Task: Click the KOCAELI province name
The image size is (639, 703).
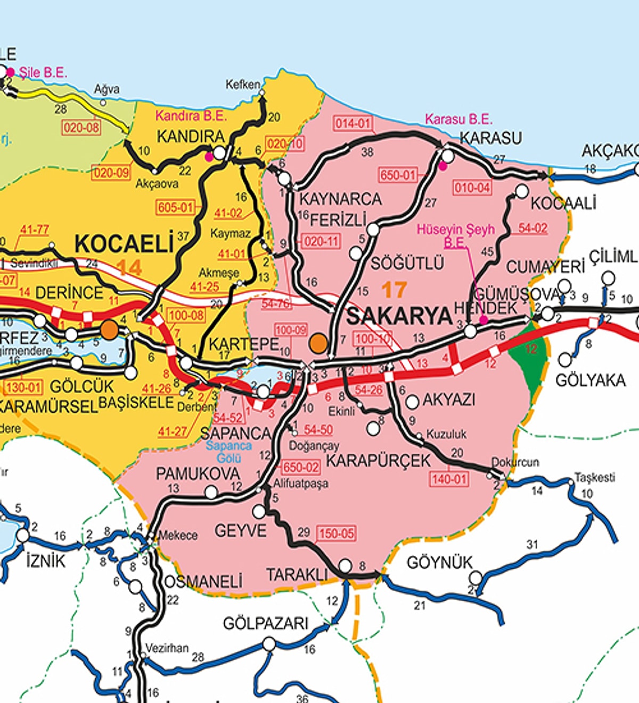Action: pyautogui.click(x=124, y=244)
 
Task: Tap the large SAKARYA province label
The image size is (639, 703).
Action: pyautogui.click(x=399, y=316)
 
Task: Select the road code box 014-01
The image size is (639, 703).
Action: pyautogui.click(x=353, y=124)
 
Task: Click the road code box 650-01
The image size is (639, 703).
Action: pyautogui.click(x=397, y=175)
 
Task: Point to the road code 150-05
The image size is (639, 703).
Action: pyautogui.click(x=336, y=533)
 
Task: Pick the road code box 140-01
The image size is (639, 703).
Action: pyautogui.click(x=449, y=479)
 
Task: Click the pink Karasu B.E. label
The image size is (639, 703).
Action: pyautogui.click(x=458, y=119)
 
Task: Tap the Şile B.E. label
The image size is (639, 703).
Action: pyautogui.click(x=43, y=73)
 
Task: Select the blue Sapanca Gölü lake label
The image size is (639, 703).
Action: pyautogui.click(x=229, y=452)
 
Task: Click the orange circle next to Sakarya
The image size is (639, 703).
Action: pyautogui.click(x=318, y=343)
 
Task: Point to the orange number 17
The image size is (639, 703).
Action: pyautogui.click(x=394, y=290)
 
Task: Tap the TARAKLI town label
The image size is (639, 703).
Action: pyautogui.click(x=297, y=575)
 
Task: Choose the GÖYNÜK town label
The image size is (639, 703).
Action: pyautogui.click(x=439, y=563)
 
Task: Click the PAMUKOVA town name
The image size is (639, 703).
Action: pyautogui.click(x=198, y=473)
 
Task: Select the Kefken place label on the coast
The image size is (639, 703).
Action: pyautogui.click(x=243, y=84)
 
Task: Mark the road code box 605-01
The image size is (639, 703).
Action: pyautogui.click(x=175, y=207)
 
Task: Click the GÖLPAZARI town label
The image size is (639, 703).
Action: pyautogui.click(x=265, y=623)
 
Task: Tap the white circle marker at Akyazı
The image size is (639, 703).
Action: pyautogui.click(x=412, y=402)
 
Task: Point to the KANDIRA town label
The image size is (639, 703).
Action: pyautogui.click(x=191, y=137)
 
